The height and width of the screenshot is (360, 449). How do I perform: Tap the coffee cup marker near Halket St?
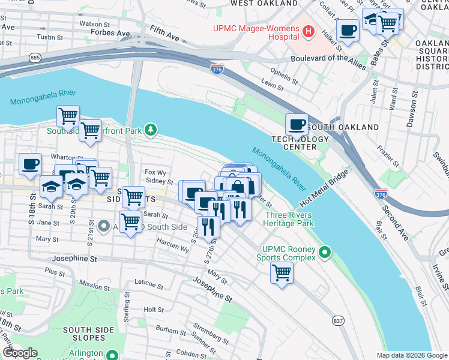348,29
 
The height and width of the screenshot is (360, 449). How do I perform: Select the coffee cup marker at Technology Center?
296,125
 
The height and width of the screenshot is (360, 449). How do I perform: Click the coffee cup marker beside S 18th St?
31,164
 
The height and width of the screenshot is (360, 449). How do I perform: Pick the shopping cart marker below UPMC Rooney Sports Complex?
282,273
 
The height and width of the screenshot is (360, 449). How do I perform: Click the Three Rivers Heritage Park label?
290,218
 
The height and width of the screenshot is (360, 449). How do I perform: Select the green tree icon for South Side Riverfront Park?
152,128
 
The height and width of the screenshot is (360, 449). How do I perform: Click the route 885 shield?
35,58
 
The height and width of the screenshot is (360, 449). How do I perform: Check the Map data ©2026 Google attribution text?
411,355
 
